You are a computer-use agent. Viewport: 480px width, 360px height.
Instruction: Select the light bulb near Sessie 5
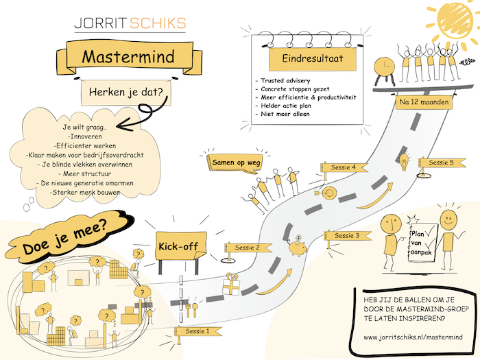[x=405, y=163]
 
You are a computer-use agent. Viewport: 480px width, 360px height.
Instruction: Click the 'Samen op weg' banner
[x=230, y=163]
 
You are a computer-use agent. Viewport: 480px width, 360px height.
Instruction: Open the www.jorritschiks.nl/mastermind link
[x=413, y=337]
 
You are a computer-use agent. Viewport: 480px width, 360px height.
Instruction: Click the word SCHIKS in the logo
[x=160, y=23]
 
